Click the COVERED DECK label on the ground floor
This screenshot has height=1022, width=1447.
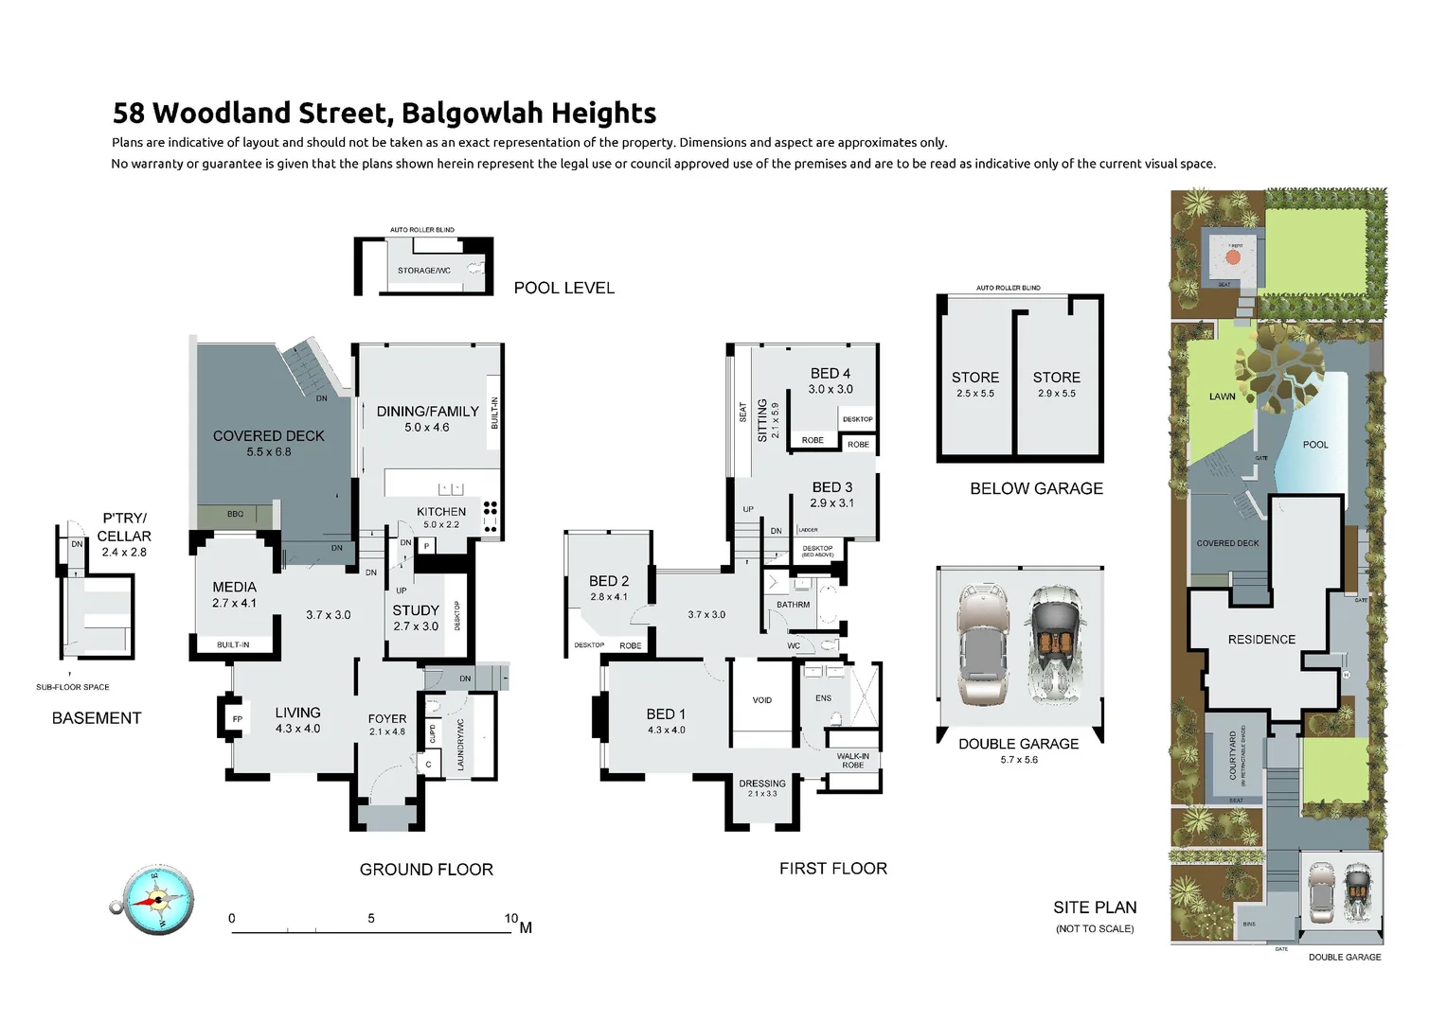[268, 436]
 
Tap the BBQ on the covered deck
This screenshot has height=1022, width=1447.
[235, 515]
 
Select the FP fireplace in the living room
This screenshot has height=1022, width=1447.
[237, 719]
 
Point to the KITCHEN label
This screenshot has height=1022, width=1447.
[441, 511]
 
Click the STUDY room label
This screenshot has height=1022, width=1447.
[416, 610]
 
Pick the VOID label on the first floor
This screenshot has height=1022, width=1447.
[762, 700]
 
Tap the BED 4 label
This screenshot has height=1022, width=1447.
[831, 374]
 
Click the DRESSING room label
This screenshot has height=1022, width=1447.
[762, 784]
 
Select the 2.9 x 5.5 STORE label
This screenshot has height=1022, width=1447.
[1057, 378]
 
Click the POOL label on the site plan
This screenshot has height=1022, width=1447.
[1315, 445]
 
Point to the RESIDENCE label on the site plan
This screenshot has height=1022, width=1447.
[1261, 640]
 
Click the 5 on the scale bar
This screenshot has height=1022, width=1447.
[371, 918]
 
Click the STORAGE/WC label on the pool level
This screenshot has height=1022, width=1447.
[424, 271]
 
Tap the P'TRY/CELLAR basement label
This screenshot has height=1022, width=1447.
[124, 527]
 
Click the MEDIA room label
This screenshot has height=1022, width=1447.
[234, 588]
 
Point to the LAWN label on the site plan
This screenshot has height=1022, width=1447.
[1222, 396]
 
